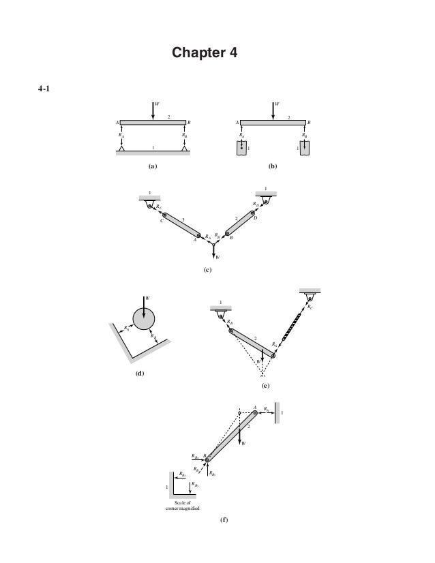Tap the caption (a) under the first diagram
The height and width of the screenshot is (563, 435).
(x=153, y=165)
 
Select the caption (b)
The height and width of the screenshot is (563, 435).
(x=273, y=165)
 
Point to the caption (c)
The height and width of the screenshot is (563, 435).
(x=209, y=270)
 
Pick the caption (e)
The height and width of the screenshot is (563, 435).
(x=265, y=386)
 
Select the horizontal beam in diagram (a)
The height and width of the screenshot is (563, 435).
(x=153, y=123)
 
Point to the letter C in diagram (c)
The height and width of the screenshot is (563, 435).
(x=161, y=221)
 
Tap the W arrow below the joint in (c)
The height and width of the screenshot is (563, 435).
(x=213, y=251)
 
